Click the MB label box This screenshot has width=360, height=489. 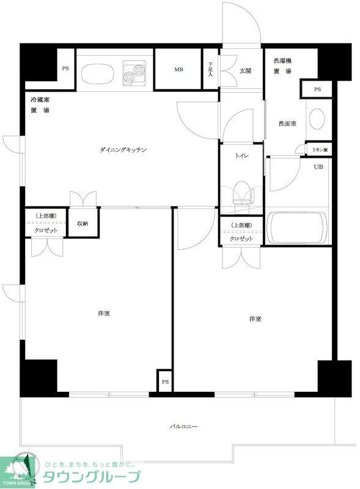point(178,70)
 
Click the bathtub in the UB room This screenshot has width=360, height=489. point(297,228)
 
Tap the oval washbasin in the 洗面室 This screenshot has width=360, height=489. point(318,119)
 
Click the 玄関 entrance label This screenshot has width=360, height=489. point(245,71)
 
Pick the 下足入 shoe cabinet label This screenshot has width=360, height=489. point(211,68)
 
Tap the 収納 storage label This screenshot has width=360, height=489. point(82,224)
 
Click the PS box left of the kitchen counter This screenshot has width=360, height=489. point(65,68)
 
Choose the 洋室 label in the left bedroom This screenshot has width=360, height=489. point(103,314)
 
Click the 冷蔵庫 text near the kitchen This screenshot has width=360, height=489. point(40,99)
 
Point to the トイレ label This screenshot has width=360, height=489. point(241,156)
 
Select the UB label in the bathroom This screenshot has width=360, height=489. point(318,166)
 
